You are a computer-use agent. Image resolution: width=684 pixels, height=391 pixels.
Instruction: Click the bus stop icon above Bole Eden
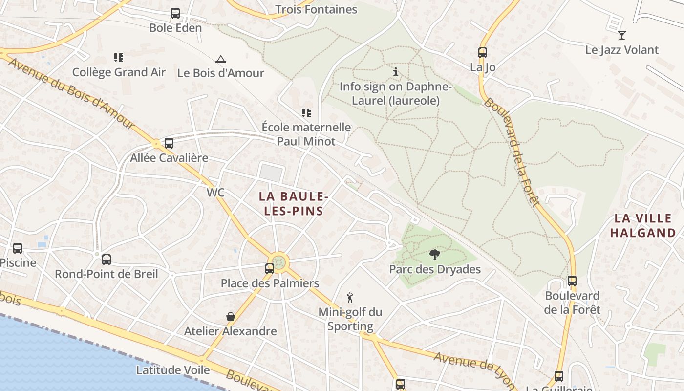click(175, 13)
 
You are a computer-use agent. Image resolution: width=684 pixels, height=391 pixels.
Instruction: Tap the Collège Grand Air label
click(119, 72)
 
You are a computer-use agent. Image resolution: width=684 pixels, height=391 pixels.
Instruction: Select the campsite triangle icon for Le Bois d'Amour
click(221, 59)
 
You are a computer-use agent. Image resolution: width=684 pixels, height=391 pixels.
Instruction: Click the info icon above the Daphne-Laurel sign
click(396, 72)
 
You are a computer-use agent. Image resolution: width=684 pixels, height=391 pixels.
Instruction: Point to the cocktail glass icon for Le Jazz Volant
click(621, 35)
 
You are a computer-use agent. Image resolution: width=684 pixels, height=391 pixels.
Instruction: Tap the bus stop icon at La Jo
click(483, 53)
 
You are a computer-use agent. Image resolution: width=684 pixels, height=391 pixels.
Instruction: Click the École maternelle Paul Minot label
click(306, 134)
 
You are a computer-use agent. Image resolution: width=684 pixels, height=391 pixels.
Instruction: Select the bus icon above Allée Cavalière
click(169, 143)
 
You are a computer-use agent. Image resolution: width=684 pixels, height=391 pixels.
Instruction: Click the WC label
click(215, 193)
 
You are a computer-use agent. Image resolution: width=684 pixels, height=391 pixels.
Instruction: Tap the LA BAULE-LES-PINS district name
click(292, 203)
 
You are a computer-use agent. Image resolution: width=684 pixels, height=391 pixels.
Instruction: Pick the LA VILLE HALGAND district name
click(642, 225)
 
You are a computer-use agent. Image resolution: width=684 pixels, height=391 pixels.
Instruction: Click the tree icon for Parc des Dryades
click(434, 254)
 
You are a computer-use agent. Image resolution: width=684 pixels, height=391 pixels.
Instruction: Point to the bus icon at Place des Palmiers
click(269, 268)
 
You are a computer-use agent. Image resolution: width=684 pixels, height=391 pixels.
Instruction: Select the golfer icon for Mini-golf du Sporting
click(350, 297)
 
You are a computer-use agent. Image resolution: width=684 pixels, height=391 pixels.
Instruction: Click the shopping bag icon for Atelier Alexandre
click(231, 317)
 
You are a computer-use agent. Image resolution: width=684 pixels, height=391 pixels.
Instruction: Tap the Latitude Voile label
click(173, 370)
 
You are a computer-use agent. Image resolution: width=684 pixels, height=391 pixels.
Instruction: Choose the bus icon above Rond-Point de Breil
click(107, 260)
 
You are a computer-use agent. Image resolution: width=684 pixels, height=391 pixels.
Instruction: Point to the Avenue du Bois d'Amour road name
click(71, 93)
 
